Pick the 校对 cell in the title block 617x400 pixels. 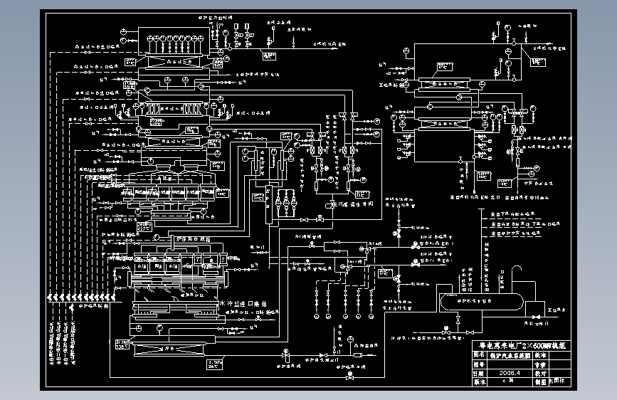pos(540,372)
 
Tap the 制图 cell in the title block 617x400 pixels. pos(540,381)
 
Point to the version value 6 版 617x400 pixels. pos(508,381)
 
